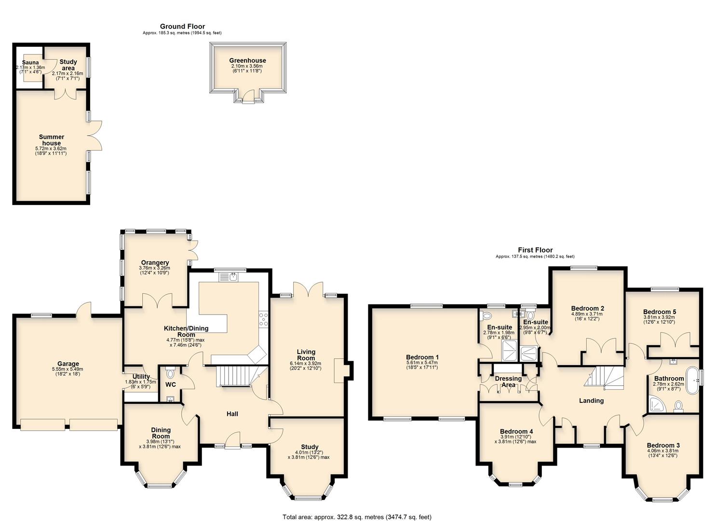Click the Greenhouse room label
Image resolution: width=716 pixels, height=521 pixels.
click(247, 61)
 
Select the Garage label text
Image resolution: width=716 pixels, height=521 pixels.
click(68, 364)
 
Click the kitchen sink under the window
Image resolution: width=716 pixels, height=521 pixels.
click(233, 276)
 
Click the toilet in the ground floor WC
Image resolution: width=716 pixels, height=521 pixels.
click(169, 373)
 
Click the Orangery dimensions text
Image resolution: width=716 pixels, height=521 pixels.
click(154, 271)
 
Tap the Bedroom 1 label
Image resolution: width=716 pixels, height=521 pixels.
click(422, 357)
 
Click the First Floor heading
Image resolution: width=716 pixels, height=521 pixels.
click(535, 250)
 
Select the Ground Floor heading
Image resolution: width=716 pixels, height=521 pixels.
click(182, 27)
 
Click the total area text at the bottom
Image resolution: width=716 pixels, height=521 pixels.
click(357, 517)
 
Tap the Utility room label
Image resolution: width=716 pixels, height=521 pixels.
click(138, 377)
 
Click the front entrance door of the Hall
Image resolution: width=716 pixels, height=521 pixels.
click(233, 442)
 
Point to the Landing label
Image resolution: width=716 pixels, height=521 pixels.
click(591, 400)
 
